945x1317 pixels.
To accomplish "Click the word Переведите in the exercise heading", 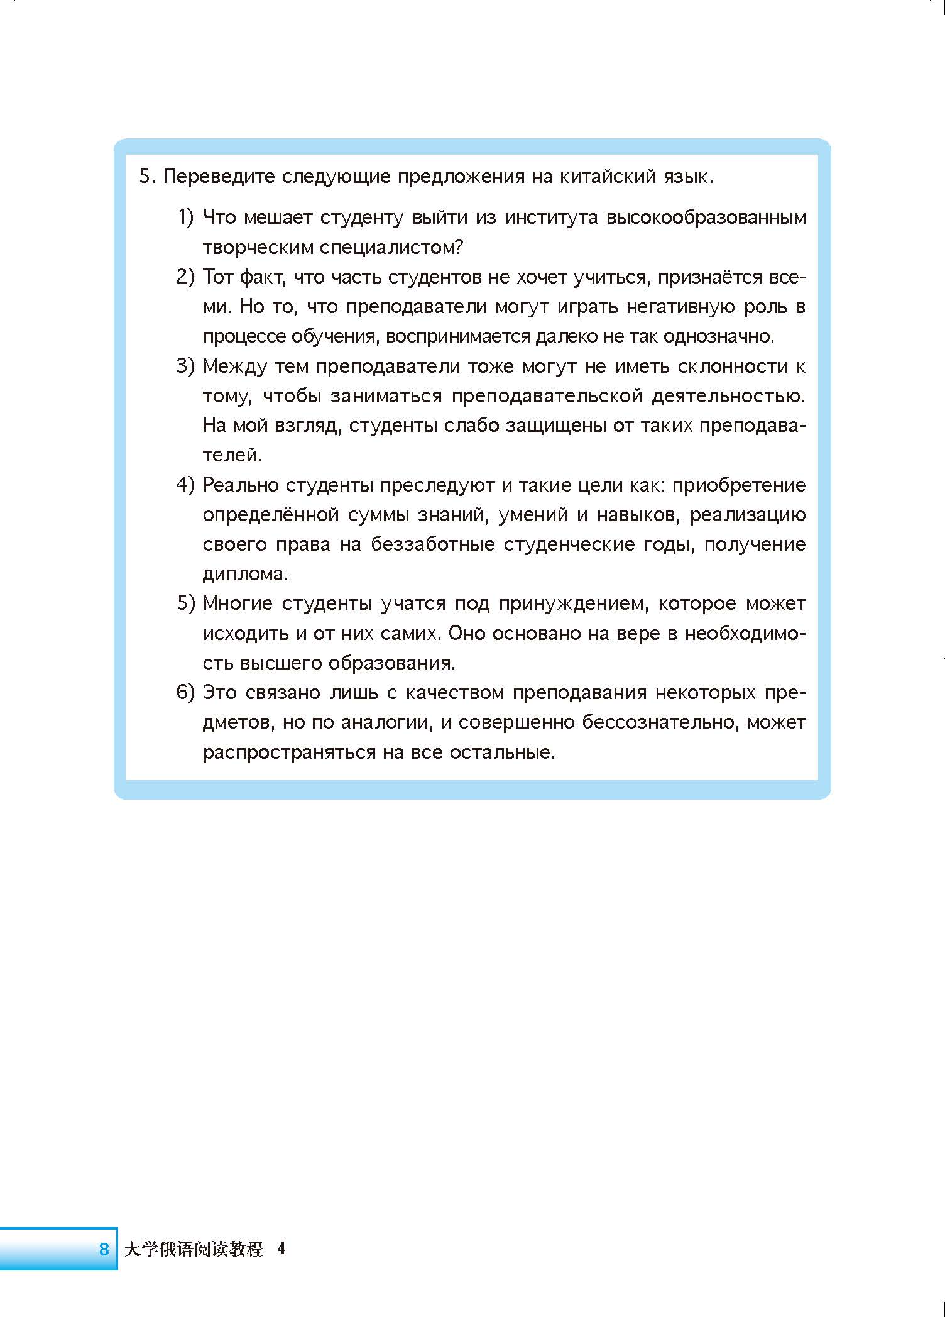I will pyautogui.click(x=219, y=177).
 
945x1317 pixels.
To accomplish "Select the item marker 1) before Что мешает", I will pyautogui.click(x=186, y=218).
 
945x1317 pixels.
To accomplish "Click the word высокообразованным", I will pyautogui.click(x=706, y=218).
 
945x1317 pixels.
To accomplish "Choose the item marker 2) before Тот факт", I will pyautogui.click(x=186, y=277).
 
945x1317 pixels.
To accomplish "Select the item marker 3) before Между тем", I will pyautogui.click(x=186, y=366).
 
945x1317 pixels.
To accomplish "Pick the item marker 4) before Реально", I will pyautogui.click(x=186, y=485).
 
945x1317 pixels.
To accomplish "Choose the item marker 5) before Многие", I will pyautogui.click(x=186, y=603).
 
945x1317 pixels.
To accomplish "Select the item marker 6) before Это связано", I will pyautogui.click(x=186, y=693).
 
